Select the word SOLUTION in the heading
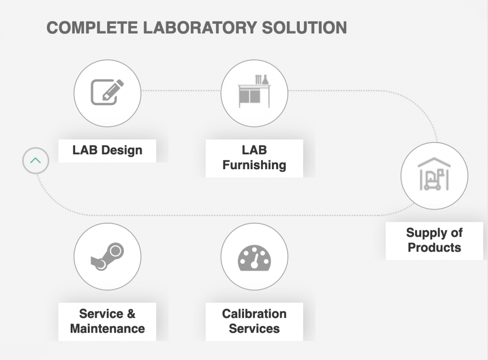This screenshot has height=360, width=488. click(304, 27)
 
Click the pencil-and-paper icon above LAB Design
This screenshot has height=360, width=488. click(107, 92)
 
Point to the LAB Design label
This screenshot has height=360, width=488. click(107, 150)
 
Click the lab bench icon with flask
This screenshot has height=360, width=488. click(254, 92)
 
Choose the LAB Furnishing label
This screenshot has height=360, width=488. click(254, 157)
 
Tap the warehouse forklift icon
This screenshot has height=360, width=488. click(434, 175)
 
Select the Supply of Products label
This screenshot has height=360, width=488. click(434, 240)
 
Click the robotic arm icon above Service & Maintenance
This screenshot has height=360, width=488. click(107, 256)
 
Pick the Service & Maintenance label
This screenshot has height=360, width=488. click(107, 321)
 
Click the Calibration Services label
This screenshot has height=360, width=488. click(254, 321)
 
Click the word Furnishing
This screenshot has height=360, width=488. click(254, 165)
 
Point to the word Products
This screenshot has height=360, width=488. click(434, 247)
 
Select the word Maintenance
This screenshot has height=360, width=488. click(107, 328)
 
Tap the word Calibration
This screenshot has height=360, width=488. click(254, 314)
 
